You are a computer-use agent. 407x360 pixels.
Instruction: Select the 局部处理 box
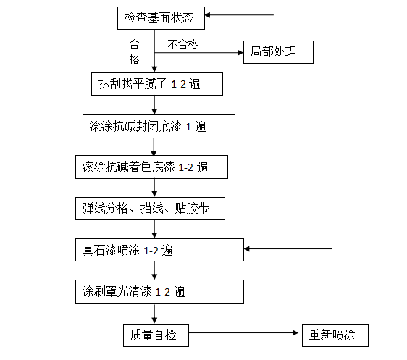coord(279,52)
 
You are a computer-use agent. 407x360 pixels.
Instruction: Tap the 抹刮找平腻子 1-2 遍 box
coord(156,85)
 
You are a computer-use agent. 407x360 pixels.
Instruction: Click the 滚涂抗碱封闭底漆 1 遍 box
coord(158,127)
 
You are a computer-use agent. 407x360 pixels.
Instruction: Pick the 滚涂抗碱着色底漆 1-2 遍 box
coord(151,168)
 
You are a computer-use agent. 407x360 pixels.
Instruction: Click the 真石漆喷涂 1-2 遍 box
coord(159,251)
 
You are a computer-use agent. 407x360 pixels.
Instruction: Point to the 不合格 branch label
coord(182,44)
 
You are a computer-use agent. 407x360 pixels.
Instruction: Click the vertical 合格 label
coord(133,51)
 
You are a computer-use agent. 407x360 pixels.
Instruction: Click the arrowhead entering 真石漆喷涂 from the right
coord(248,250)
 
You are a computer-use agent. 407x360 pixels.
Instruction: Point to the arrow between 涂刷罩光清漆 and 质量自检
coord(154,313)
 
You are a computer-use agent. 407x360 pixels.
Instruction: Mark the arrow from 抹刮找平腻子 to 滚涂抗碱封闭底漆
coord(154,106)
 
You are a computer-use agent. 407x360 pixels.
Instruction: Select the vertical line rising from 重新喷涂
coord(332,286)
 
